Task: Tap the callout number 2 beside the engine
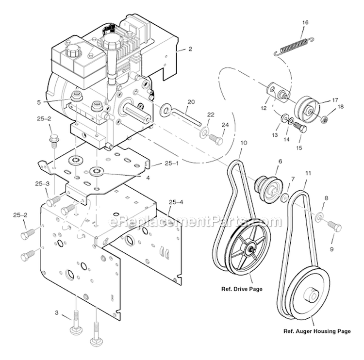click(x=190, y=49)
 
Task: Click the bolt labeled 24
click(x=217, y=140)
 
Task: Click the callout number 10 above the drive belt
click(x=244, y=143)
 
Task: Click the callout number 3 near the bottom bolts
click(x=57, y=313)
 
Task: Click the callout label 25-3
click(x=42, y=184)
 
